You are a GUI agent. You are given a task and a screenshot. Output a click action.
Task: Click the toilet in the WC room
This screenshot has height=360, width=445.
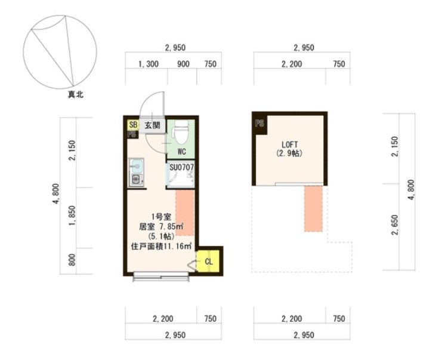(181, 133)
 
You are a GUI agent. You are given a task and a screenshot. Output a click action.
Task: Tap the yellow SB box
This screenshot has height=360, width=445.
(133, 124)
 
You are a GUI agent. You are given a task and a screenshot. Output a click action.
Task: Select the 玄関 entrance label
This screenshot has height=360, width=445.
(152, 125)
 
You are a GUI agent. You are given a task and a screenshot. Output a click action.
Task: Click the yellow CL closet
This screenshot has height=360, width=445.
(208, 261)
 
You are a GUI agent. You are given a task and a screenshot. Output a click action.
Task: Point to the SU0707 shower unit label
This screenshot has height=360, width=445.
(181, 167)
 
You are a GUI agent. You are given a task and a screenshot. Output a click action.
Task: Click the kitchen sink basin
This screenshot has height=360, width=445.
(137, 165)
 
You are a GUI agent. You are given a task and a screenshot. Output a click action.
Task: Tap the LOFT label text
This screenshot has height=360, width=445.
(289, 144)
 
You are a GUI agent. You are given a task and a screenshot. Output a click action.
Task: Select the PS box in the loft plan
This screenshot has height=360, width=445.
(259, 124)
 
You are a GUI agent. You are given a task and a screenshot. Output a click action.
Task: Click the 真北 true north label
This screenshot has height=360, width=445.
(76, 94)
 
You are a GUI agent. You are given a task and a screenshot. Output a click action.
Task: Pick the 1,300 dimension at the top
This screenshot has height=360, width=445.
(148, 64)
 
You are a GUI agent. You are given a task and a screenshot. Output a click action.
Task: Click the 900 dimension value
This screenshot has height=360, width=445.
(183, 64)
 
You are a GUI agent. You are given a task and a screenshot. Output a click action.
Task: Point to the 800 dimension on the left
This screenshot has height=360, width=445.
(72, 260)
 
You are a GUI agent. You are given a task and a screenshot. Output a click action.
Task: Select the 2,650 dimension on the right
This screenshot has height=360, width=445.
(395, 224)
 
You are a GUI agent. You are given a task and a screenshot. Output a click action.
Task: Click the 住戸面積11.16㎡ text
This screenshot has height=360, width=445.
(161, 246)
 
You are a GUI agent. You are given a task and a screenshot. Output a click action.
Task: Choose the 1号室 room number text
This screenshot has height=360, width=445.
(161, 217)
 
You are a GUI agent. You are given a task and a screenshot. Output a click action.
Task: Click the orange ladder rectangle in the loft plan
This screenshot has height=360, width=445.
(313, 208)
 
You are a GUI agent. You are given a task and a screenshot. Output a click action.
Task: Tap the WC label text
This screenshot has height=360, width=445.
(181, 152)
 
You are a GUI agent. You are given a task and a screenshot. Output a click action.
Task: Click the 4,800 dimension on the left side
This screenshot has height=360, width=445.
(56, 193)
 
